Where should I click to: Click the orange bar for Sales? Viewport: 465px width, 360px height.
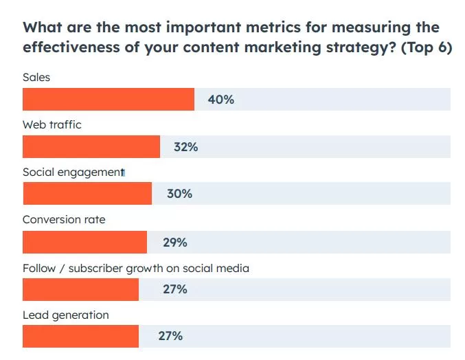(x=109, y=100)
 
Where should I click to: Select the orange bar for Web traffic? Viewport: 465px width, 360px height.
(x=91, y=147)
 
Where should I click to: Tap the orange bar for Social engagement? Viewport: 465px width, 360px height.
(x=87, y=194)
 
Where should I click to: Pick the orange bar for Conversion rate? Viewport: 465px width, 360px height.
(x=84, y=243)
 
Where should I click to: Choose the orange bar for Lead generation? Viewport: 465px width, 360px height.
(x=80, y=336)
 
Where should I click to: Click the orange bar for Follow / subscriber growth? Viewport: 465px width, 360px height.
(x=80, y=289)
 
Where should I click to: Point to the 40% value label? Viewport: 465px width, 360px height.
(x=221, y=100)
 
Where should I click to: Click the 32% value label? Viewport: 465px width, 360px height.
(x=185, y=147)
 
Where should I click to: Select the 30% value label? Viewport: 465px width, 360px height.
(x=179, y=194)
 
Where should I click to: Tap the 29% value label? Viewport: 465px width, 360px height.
(x=174, y=243)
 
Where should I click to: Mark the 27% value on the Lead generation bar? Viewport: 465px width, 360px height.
(x=170, y=336)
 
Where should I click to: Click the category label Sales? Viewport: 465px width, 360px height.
(x=36, y=78)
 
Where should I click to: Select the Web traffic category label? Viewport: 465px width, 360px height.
(x=52, y=125)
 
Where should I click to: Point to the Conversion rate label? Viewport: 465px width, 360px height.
(x=64, y=220)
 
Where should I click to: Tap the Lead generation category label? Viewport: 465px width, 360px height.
(x=66, y=315)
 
